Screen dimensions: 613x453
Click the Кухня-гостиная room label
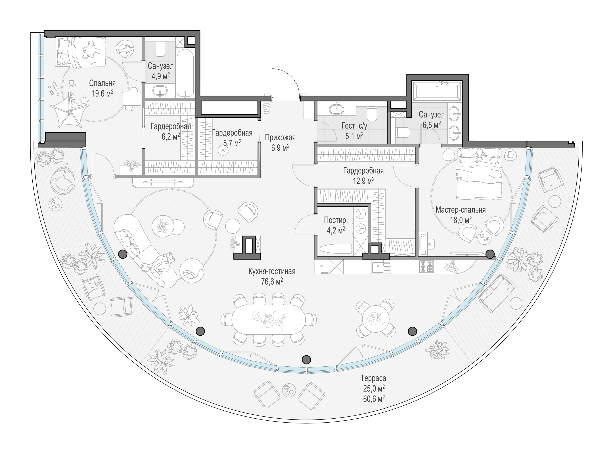[272, 271]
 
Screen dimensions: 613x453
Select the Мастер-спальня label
[461, 210]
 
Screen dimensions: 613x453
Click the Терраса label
[373, 378]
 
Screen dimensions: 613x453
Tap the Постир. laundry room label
[336, 220]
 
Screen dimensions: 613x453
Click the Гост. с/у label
[354, 126]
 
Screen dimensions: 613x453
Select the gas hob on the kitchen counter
[427, 266]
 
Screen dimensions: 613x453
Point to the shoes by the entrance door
[266, 108]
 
